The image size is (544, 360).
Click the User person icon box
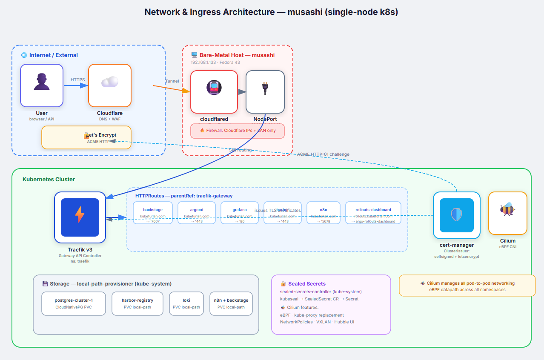(x=42, y=85)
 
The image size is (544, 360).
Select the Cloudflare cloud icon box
(x=110, y=85)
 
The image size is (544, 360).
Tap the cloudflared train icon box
(x=214, y=91)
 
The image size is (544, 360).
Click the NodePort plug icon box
(x=265, y=91)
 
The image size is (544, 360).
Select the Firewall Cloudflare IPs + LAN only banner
(x=238, y=131)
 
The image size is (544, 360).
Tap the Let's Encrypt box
(x=86, y=137)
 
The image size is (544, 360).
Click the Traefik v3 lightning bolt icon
(x=80, y=214)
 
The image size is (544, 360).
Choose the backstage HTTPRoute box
(x=153, y=213)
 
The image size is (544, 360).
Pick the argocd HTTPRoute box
(x=197, y=213)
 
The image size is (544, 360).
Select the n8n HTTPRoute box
(x=323, y=213)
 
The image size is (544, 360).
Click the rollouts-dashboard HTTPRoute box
(x=373, y=213)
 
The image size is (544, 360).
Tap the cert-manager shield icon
(x=456, y=215)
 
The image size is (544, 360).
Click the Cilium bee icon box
(x=507, y=213)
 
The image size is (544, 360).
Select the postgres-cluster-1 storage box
(x=74, y=303)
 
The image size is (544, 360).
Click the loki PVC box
(x=186, y=303)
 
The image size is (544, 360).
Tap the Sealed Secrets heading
(x=306, y=284)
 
